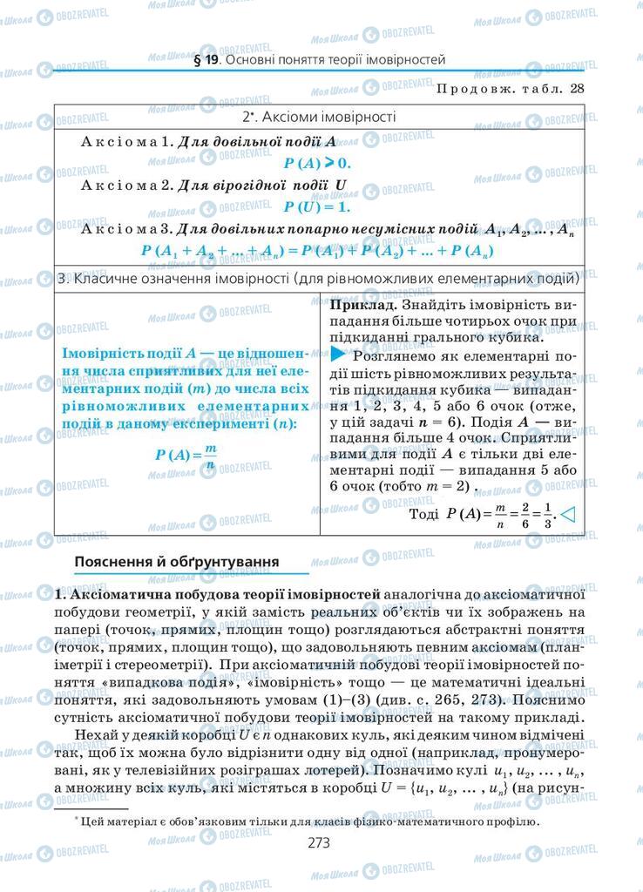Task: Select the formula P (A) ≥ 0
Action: point(316,162)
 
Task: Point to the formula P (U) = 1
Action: point(316,207)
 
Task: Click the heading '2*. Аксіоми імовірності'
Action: point(319,116)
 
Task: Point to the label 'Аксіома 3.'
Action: point(125,230)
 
